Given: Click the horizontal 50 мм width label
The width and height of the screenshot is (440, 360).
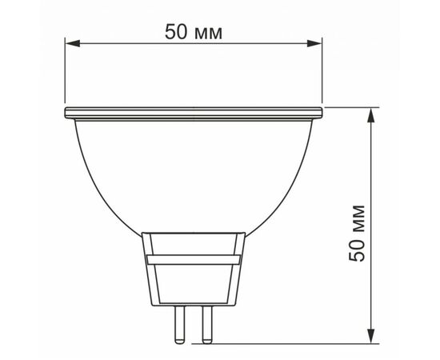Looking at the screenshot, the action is [194, 31].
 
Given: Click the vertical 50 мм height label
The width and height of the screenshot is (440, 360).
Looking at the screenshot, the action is [357, 234].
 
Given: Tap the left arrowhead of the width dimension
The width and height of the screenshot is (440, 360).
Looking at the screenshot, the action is [73, 43].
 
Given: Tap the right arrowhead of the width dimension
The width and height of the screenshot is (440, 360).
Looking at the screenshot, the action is [314, 43].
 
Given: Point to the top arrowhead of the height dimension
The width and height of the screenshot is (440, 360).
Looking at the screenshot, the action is [371, 115].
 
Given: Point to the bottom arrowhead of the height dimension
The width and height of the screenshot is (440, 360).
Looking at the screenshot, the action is [371, 335].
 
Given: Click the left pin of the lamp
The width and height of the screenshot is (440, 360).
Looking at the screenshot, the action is [179, 325].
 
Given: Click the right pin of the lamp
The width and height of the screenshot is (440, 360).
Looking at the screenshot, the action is [207, 325].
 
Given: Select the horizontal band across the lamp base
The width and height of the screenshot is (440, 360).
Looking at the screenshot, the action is [194, 260].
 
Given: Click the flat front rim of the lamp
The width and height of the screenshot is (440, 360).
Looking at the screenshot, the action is [194, 113].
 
